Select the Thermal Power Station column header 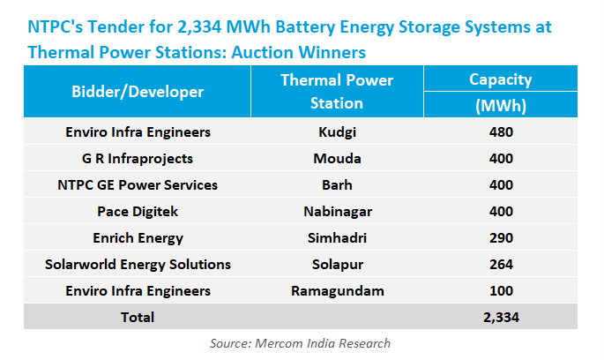coord(337,91)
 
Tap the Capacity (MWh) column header coord(501,92)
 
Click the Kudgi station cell coord(337,133)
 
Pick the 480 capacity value coord(501,133)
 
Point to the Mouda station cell coord(337,160)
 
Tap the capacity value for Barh coord(501,185)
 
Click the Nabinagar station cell coord(337,212)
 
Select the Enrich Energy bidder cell coord(138,238)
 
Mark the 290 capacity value coord(501,238)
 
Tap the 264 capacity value coord(501,264)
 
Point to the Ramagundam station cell coord(337,290)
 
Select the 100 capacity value coord(501,290)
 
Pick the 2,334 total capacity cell coord(501,317)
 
